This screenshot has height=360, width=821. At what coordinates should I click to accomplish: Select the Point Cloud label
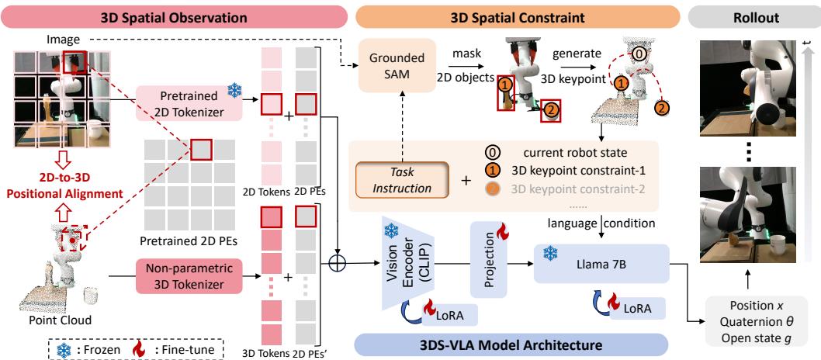(55, 320)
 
